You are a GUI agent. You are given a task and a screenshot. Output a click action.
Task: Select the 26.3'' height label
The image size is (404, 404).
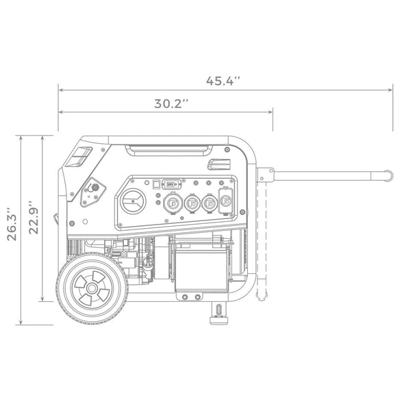coord(10,224)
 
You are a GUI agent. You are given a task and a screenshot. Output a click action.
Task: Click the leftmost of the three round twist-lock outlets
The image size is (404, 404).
coord(171,203)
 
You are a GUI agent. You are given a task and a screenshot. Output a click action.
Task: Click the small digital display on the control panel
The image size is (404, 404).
coord(171,184)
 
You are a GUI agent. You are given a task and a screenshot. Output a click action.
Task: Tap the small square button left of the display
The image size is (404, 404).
coord(155,184)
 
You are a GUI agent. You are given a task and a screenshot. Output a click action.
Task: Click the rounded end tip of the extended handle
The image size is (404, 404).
coord(388,176)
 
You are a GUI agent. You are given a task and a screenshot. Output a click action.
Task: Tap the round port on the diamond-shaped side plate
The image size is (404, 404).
coord(94,187)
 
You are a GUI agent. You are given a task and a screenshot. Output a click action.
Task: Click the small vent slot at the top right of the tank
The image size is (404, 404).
coord(220,164)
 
